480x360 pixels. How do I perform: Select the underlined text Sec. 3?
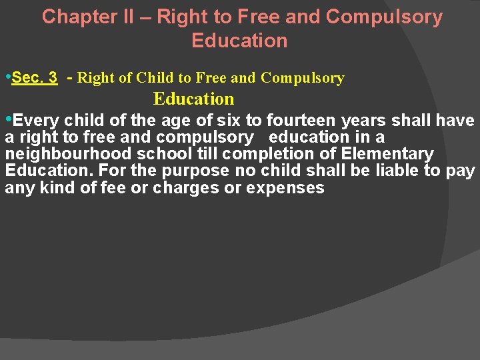point(34,77)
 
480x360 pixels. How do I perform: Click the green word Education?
point(193,99)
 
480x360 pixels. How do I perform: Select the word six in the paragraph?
point(231,121)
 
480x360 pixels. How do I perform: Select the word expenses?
point(285,188)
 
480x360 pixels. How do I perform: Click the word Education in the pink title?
point(239,40)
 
